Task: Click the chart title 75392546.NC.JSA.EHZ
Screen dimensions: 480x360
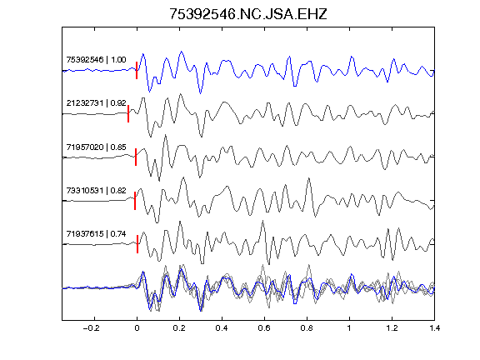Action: (248, 14)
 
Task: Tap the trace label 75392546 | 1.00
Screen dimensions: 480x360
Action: (96, 59)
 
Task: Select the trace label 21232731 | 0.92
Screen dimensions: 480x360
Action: (96, 102)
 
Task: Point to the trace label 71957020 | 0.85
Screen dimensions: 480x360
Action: (96, 147)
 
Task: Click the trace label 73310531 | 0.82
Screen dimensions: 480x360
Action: (96, 190)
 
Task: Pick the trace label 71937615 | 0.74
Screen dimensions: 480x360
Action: (96, 234)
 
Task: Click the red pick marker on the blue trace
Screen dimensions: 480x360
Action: (137, 70)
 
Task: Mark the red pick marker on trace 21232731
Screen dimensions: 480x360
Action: (128, 114)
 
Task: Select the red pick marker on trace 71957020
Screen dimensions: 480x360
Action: (136, 157)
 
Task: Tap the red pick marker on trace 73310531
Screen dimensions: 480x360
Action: (135, 201)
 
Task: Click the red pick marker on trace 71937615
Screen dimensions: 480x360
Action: (137, 244)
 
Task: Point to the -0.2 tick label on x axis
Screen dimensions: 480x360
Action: (92, 328)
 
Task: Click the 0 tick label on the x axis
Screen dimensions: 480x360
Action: (137, 328)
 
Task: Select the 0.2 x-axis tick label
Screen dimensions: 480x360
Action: (179, 328)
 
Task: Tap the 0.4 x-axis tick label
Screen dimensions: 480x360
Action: (222, 328)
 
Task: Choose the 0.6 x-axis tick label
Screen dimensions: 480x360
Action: (264, 328)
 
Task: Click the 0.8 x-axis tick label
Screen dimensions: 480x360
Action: (307, 328)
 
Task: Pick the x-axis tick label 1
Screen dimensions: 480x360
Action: (349, 328)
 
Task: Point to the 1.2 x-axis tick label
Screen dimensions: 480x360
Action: (392, 328)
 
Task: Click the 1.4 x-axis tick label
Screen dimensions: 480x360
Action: (434, 328)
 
